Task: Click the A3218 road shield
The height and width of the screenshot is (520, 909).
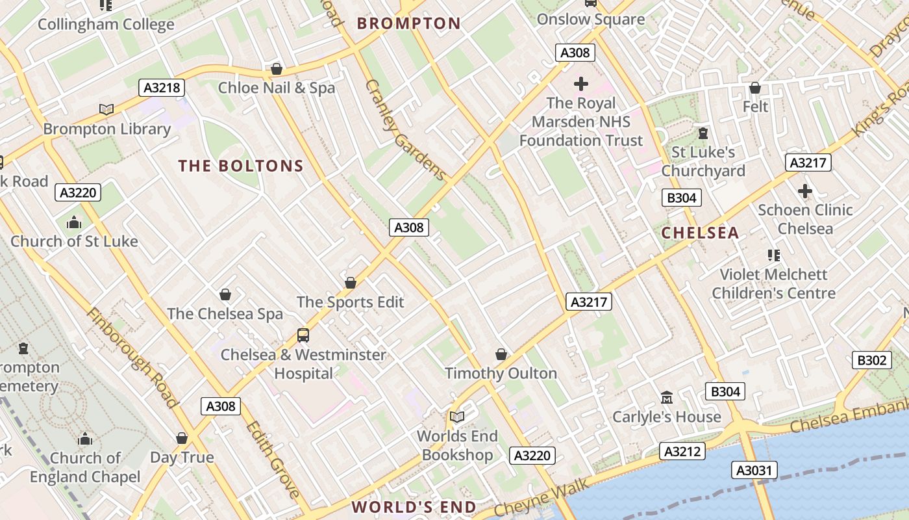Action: (162, 88)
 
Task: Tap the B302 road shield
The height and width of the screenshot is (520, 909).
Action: (871, 360)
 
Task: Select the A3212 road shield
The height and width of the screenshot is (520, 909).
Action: (682, 451)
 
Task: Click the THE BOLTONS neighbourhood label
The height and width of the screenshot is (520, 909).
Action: (241, 166)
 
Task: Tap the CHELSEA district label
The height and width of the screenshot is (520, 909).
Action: (700, 233)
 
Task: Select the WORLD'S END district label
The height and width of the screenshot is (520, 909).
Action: (414, 507)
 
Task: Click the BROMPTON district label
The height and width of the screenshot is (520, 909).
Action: (409, 24)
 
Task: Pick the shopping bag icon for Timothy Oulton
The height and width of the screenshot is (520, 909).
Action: (501, 354)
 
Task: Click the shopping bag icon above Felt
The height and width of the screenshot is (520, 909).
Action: (754, 88)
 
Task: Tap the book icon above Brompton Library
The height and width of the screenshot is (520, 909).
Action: (106, 109)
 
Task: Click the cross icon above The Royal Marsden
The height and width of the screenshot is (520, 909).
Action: (580, 84)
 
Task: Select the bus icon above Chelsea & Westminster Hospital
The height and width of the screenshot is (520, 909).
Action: (303, 335)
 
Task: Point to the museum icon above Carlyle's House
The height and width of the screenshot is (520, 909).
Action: (666, 397)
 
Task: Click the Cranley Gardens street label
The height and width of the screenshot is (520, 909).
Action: (405, 130)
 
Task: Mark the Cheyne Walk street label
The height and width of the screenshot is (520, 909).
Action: (542, 497)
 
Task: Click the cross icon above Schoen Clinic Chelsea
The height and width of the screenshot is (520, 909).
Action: (804, 191)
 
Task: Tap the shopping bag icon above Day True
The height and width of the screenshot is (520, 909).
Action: (182, 438)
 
